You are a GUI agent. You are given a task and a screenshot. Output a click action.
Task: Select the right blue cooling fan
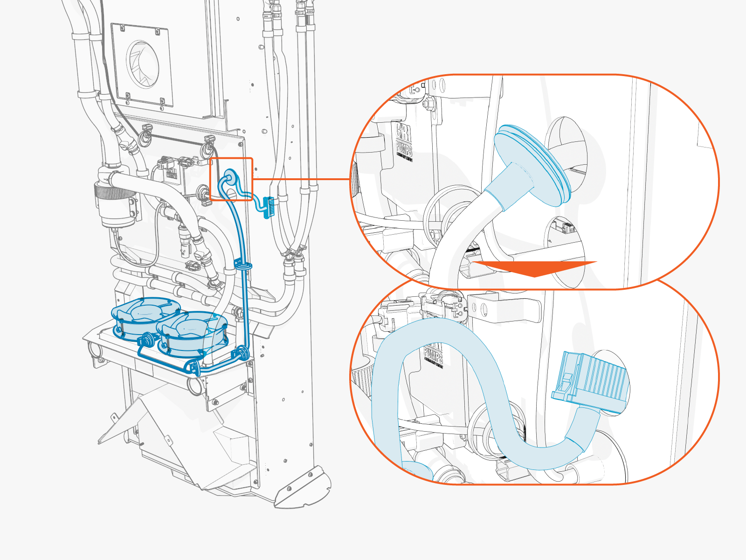(x=192, y=331)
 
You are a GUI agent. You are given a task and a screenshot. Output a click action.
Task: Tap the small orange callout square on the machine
(x=231, y=179)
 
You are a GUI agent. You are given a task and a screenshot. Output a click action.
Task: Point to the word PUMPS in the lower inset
(x=433, y=355)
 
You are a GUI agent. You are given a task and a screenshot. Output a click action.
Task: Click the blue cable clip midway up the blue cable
(x=243, y=266)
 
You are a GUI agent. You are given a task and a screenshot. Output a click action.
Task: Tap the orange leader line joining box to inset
(x=301, y=179)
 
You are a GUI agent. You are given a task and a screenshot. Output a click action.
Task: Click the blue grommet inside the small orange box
(x=229, y=177)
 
